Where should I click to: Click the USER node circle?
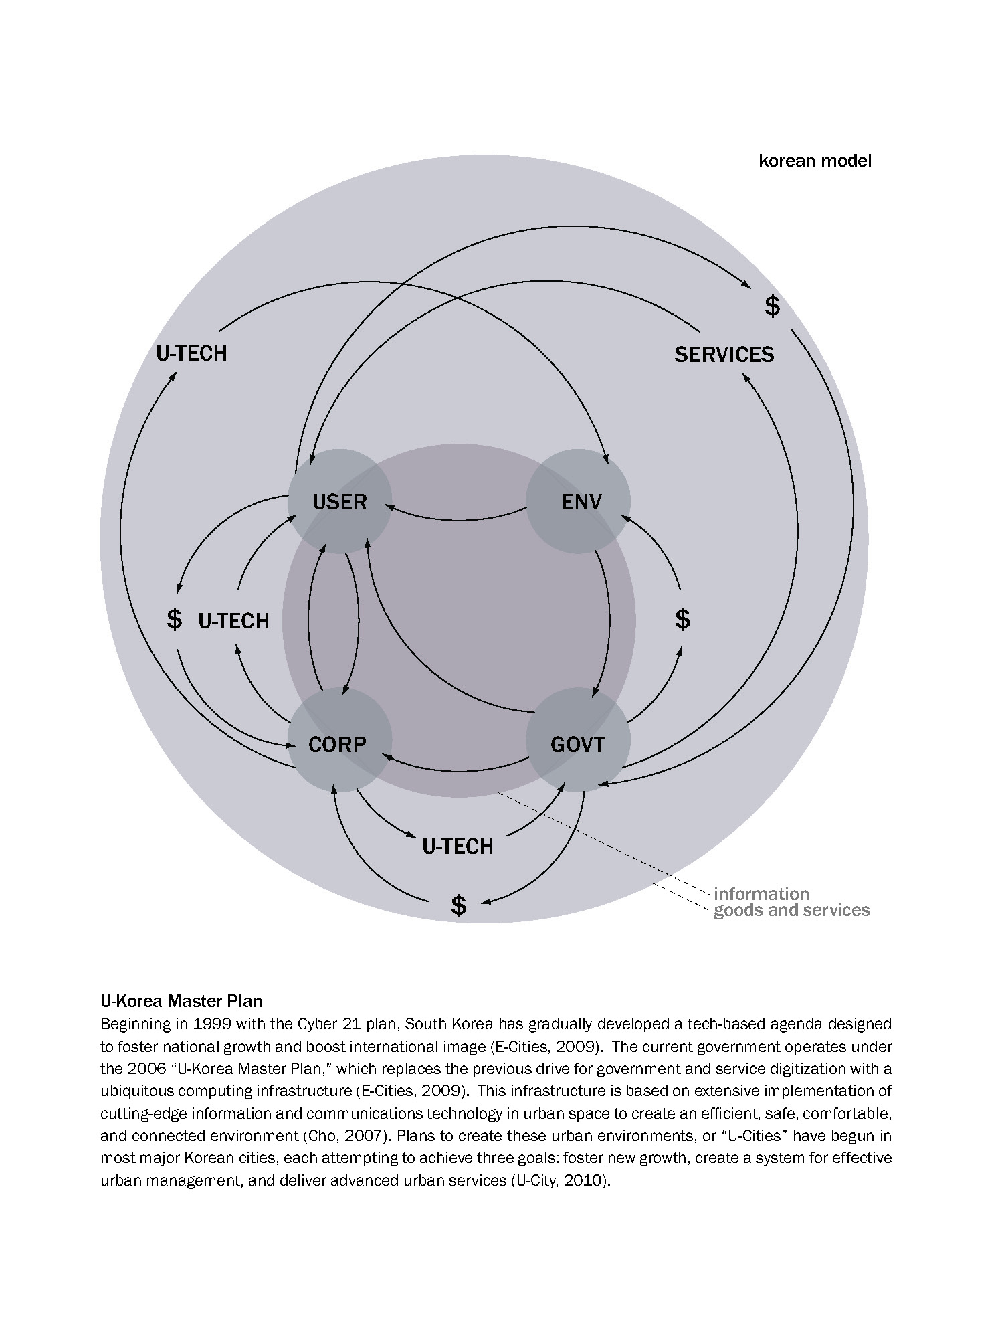click(340, 501)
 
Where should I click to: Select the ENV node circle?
click(579, 501)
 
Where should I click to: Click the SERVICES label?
click(724, 354)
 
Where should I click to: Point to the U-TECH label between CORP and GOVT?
click(458, 846)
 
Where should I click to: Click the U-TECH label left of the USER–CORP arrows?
click(233, 621)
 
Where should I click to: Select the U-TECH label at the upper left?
click(191, 353)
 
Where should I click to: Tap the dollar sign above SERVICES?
click(772, 306)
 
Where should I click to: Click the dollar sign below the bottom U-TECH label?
click(458, 905)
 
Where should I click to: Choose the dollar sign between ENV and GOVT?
click(682, 619)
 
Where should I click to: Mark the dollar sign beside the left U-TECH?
click(174, 619)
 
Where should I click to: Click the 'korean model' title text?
click(815, 161)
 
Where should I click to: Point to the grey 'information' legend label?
click(761, 894)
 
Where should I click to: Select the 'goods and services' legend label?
click(791, 910)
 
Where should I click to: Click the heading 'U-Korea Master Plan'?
click(181, 1002)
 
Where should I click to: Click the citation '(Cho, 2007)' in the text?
click(342, 1136)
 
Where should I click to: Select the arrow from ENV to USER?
click(458, 519)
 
